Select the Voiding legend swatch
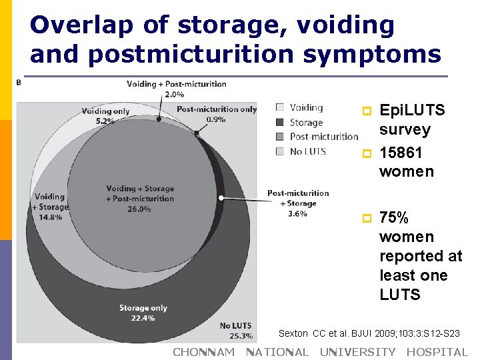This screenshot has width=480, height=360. coord(280,107)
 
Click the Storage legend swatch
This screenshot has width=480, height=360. coord(280,122)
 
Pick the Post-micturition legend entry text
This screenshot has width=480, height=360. coord(324,137)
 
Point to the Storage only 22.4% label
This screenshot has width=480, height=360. coord(143,313)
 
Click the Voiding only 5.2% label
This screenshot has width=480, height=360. coord(105,116)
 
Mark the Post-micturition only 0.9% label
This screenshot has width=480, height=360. coord(217,114)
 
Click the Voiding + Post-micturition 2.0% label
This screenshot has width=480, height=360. coord(176,89)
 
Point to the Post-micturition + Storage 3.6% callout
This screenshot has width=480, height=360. coord(298,203)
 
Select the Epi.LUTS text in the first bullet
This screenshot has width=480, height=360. coord(411,110)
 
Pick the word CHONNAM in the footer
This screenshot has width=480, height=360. coord(204,352)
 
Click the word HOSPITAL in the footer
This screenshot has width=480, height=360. coord(437,352)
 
